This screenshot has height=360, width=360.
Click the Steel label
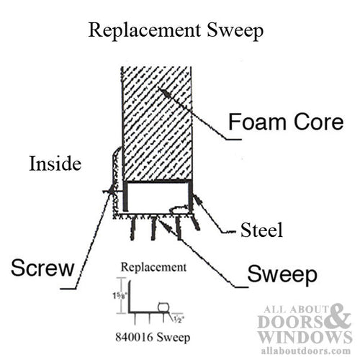260,231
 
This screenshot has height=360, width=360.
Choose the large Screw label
42,270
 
